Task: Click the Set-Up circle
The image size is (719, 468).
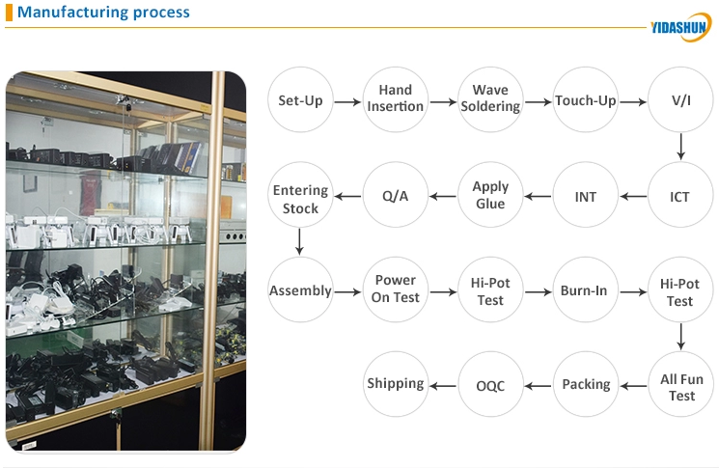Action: tap(300, 99)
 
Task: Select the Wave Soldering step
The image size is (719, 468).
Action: tap(490, 99)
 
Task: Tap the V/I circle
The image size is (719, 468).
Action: tap(680, 99)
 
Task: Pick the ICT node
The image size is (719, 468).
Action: tap(680, 194)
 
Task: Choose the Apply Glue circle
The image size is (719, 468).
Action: tap(490, 194)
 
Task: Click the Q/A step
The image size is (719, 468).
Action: tap(396, 194)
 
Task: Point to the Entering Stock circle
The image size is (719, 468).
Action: tap(300, 194)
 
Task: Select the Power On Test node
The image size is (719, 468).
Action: tap(396, 289)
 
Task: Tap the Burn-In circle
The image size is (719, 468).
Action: tap(586, 289)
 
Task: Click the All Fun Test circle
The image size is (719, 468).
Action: tap(680, 384)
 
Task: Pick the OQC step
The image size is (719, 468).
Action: tap(490, 384)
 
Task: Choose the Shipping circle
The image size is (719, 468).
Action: tap(396, 384)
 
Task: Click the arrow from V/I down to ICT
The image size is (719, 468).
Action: tap(681, 147)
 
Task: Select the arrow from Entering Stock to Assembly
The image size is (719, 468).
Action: tap(299, 241)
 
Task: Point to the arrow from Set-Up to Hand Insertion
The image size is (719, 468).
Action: tap(347, 101)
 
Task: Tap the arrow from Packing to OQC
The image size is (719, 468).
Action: tap(538, 386)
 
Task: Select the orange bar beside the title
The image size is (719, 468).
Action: tap(9, 12)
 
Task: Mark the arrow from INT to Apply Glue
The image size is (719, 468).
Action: tap(538, 197)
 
